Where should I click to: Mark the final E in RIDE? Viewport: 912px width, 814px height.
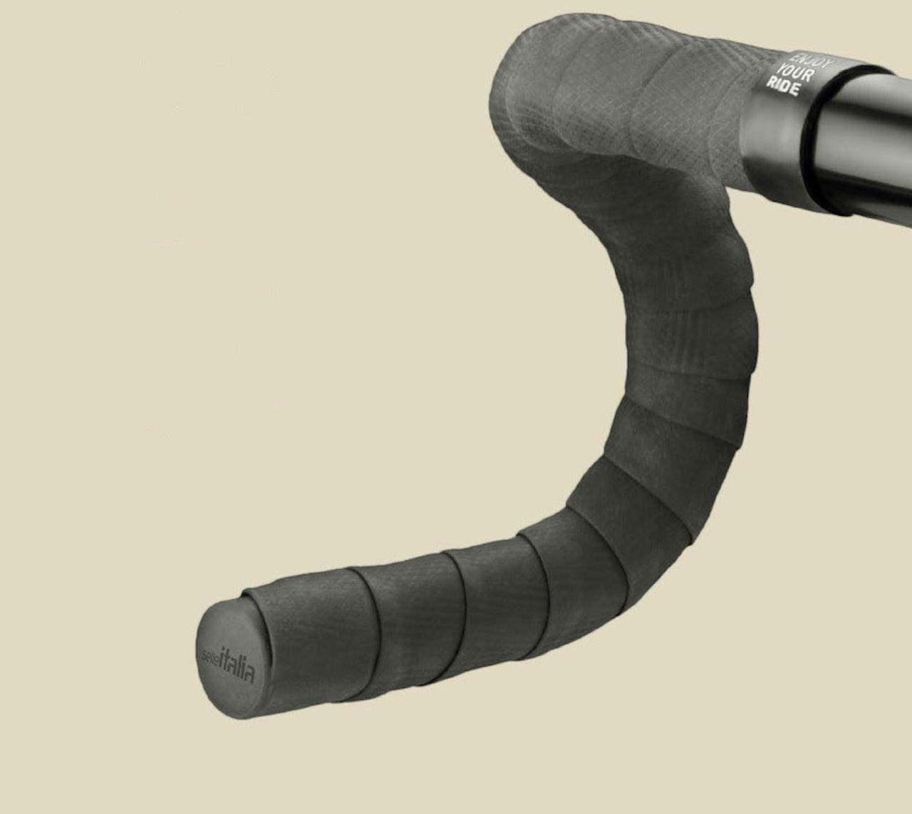(794, 91)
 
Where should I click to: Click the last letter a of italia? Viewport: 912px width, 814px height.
(249, 672)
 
